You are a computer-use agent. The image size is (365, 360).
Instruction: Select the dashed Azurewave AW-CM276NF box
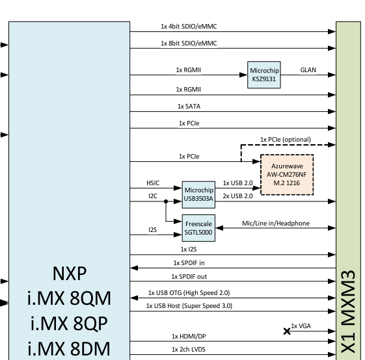(x=286, y=174)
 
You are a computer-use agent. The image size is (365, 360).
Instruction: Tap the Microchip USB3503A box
(x=198, y=192)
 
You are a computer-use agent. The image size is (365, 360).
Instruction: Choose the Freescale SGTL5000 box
(x=198, y=227)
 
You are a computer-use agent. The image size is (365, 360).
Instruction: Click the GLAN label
(x=308, y=70)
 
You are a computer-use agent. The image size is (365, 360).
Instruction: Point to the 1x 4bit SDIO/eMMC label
(x=189, y=27)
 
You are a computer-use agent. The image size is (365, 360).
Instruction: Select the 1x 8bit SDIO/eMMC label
(x=189, y=43)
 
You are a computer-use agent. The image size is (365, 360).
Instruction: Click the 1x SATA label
(x=189, y=105)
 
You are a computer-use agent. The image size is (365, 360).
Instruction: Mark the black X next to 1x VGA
(x=287, y=331)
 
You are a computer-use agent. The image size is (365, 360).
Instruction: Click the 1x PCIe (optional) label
(x=285, y=139)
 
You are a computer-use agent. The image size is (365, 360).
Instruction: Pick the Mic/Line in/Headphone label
(x=276, y=224)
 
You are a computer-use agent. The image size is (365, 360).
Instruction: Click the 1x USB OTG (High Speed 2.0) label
(x=189, y=293)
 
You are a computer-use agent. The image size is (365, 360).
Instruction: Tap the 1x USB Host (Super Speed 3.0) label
(x=189, y=305)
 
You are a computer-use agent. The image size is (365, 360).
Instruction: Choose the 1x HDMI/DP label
(x=189, y=336)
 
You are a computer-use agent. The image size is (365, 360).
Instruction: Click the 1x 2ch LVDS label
(x=189, y=350)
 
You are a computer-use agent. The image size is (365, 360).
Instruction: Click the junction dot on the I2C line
(x=165, y=201)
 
